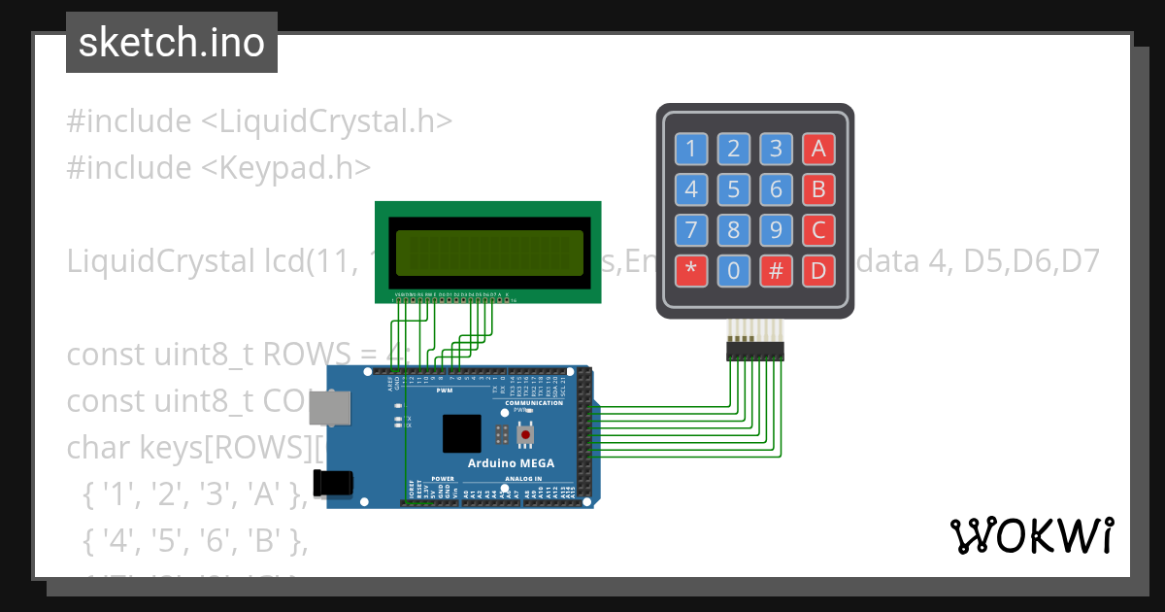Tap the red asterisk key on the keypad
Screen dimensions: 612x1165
[691, 272]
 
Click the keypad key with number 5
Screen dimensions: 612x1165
[734, 189]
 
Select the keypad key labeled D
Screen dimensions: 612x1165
[818, 272]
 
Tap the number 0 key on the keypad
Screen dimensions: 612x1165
[734, 272]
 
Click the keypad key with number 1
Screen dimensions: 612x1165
[691, 149]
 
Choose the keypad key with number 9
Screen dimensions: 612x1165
[776, 231]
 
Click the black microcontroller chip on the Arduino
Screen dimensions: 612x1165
[461, 433]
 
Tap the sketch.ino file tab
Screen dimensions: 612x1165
[172, 43]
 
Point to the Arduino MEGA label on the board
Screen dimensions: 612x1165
[511, 463]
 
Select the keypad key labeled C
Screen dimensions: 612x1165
[818, 231]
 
